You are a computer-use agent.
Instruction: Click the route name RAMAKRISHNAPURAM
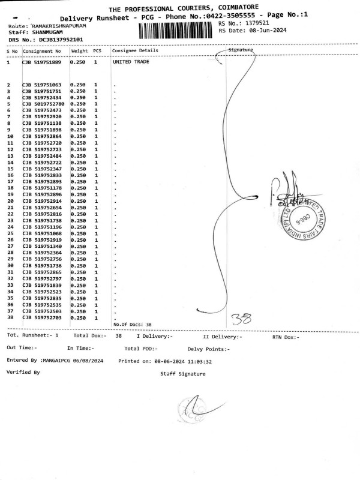tap(59, 27)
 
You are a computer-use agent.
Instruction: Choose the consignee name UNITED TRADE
tap(131, 62)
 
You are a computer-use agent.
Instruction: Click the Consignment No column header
tap(43, 51)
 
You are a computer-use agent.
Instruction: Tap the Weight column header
tap(79, 51)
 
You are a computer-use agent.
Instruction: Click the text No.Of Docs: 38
tap(133, 325)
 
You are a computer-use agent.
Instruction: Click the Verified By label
tap(23, 373)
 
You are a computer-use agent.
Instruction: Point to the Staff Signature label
tap(183, 374)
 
